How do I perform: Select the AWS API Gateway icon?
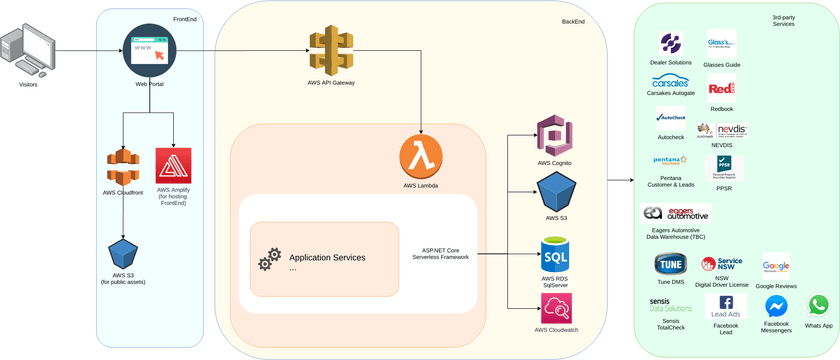[x=331, y=50]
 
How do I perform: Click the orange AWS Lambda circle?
[x=421, y=158]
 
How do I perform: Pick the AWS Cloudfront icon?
[x=122, y=166]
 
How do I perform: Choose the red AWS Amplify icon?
[x=174, y=164]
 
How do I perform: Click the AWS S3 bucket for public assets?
[x=123, y=250]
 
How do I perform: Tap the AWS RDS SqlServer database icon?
[x=557, y=253]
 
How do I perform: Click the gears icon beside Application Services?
[x=269, y=260]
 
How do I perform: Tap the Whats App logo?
[x=819, y=306]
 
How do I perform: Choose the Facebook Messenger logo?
[x=776, y=307]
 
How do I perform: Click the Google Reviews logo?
[x=776, y=266]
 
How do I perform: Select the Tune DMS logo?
[x=670, y=265]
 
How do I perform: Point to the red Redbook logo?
[x=721, y=88]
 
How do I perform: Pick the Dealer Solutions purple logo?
[x=671, y=44]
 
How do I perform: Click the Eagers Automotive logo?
[x=676, y=214]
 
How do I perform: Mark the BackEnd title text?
[x=573, y=21]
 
